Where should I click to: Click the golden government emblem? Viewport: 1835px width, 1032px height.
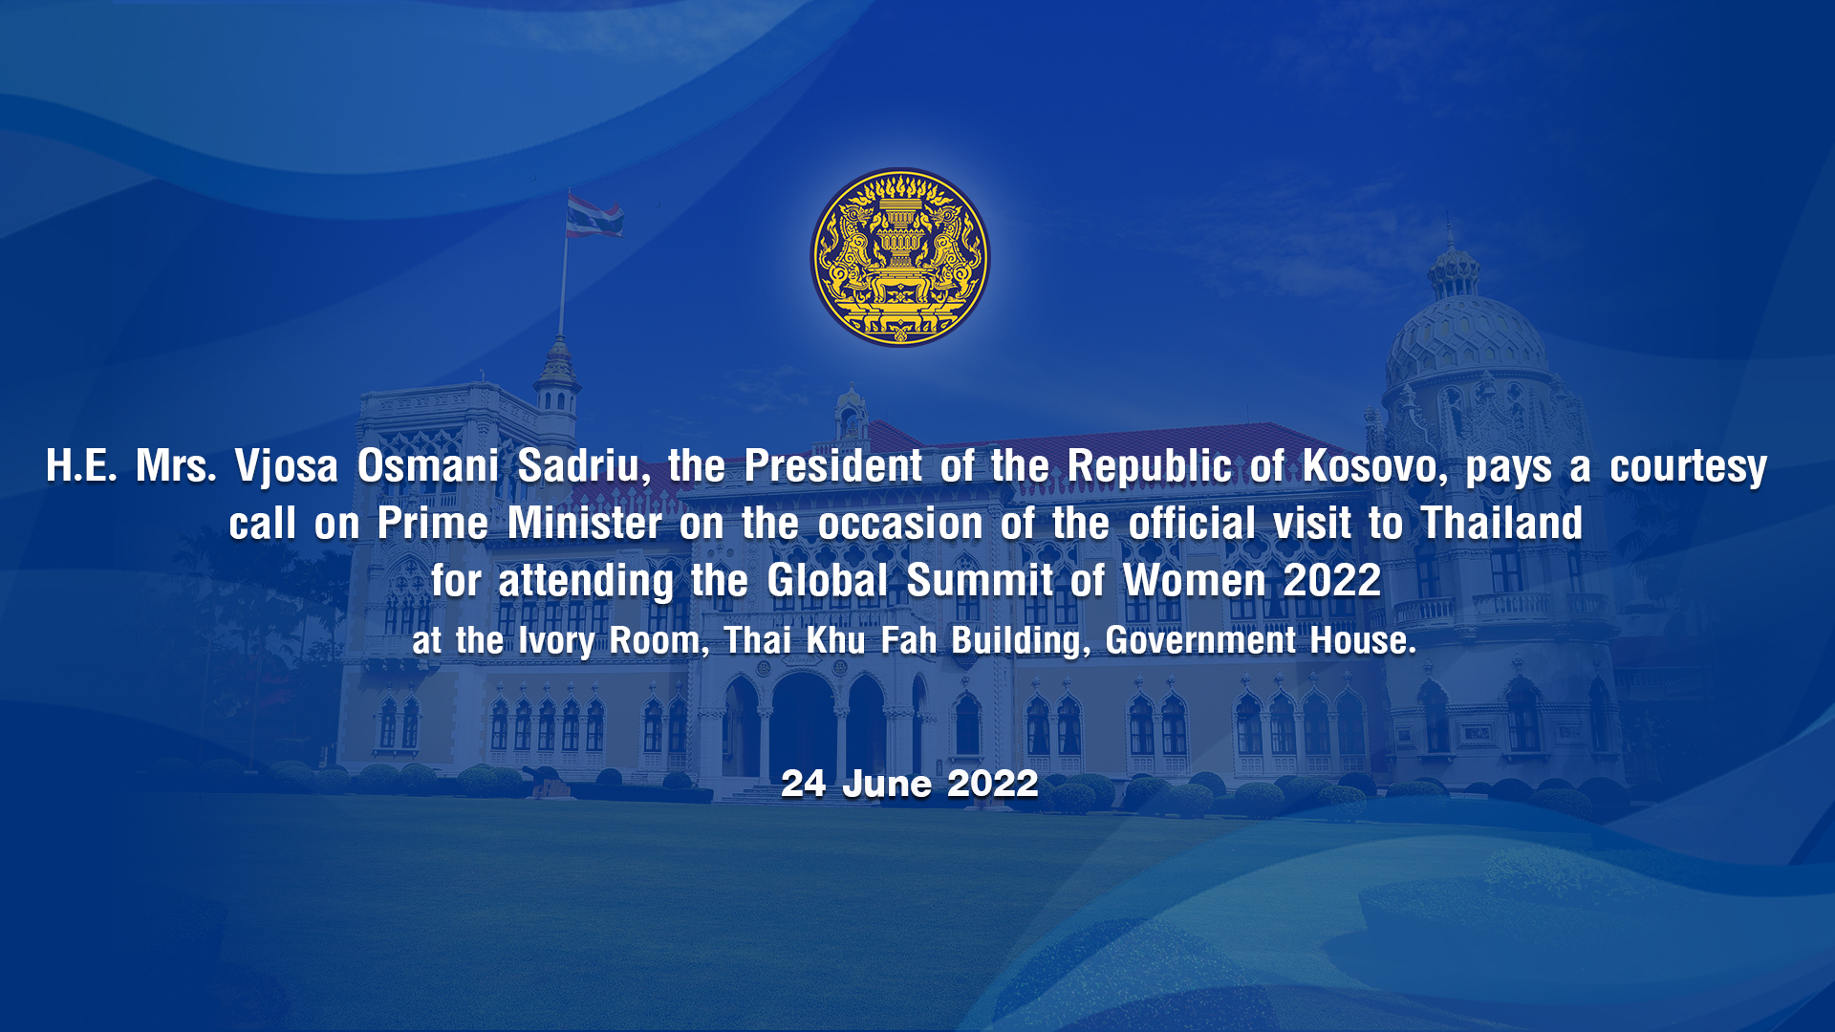pos(900,257)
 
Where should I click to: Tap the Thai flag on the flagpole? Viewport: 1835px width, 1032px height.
pos(594,215)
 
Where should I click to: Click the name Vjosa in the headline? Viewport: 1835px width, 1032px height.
pos(287,467)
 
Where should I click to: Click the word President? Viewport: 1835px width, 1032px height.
pos(833,466)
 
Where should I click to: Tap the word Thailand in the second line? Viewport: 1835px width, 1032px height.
pos(1501,524)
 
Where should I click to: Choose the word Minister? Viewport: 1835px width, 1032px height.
pos(585,524)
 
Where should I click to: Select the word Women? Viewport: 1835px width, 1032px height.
pos(1195,581)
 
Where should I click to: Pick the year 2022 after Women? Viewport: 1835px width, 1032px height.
pos(1332,581)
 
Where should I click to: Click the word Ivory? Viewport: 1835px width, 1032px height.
pos(556,641)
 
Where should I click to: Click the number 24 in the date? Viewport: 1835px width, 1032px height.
pos(804,784)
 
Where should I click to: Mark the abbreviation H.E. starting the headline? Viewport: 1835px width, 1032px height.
pos(81,466)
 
